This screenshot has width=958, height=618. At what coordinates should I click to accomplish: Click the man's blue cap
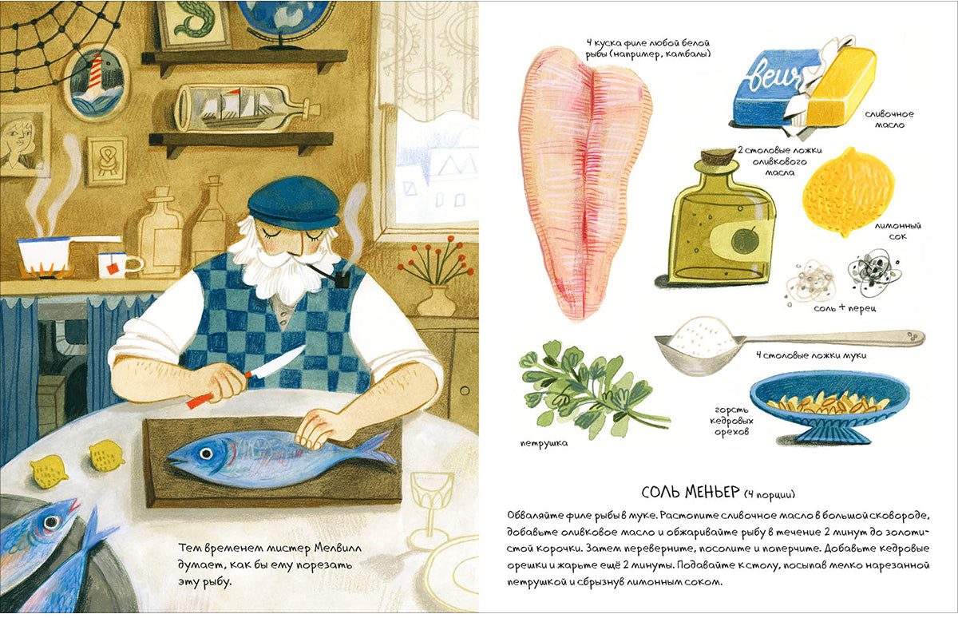pos(294,208)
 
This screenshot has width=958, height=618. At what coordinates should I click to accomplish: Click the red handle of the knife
pos(200,401)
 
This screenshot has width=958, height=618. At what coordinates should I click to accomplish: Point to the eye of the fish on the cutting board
pos(207,453)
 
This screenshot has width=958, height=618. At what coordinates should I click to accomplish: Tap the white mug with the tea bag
pos(117,265)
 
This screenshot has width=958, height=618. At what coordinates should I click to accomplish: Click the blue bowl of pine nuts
pos(830,406)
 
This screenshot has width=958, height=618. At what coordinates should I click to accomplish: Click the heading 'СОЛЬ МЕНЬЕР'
pos(691,493)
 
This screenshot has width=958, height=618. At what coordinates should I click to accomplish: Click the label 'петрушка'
pos(544,443)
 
